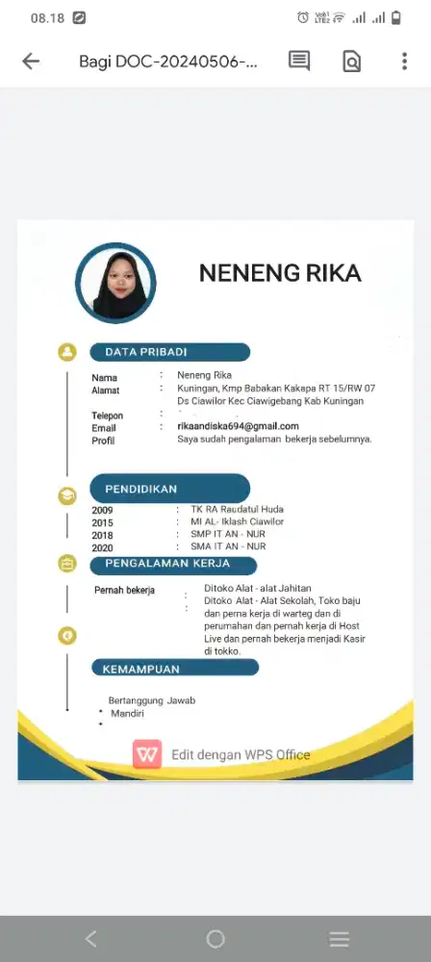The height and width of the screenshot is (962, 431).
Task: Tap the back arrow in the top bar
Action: pyautogui.click(x=31, y=62)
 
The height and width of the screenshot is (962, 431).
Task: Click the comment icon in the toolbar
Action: pyautogui.click(x=299, y=61)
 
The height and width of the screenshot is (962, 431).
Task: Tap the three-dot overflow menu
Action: pyautogui.click(x=404, y=61)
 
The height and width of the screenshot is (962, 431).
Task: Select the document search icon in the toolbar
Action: pyautogui.click(x=352, y=62)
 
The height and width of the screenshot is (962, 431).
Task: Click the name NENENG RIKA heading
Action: pyautogui.click(x=280, y=273)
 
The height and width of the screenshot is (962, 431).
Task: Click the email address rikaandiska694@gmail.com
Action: pyautogui.click(x=238, y=426)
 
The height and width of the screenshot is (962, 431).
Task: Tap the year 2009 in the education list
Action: pyautogui.click(x=103, y=510)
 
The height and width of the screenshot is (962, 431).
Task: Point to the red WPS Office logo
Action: pyautogui.click(x=147, y=755)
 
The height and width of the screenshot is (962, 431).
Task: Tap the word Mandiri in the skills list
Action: pyautogui.click(x=127, y=714)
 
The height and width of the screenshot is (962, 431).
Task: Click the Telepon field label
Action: pyautogui.click(x=108, y=416)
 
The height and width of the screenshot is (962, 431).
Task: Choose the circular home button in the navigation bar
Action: pyautogui.click(x=215, y=938)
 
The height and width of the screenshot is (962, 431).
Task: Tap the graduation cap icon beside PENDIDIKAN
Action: pyautogui.click(x=67, y=495)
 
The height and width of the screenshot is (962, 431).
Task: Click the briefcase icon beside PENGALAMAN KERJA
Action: pyautogui.click(x=67, y=564)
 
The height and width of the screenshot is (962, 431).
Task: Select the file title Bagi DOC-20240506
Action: pyautogui.click(x=168, y=62)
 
